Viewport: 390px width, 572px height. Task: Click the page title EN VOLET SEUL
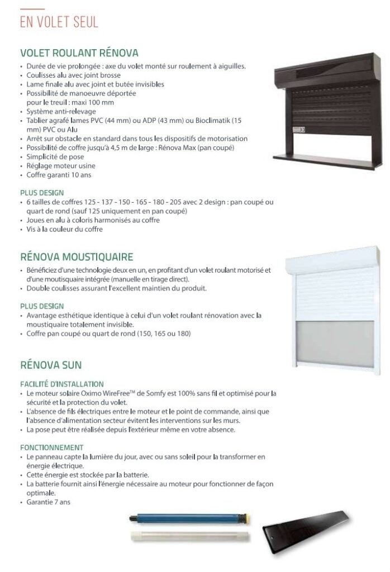59,22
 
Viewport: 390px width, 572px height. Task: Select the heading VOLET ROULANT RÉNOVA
79,54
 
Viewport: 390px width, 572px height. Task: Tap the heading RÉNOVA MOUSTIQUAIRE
76,257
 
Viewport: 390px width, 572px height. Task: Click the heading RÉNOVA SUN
51,365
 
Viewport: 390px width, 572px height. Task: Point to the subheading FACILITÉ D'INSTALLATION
61,384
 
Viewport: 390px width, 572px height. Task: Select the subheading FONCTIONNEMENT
52,447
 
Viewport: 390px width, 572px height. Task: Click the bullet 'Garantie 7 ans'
49,502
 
